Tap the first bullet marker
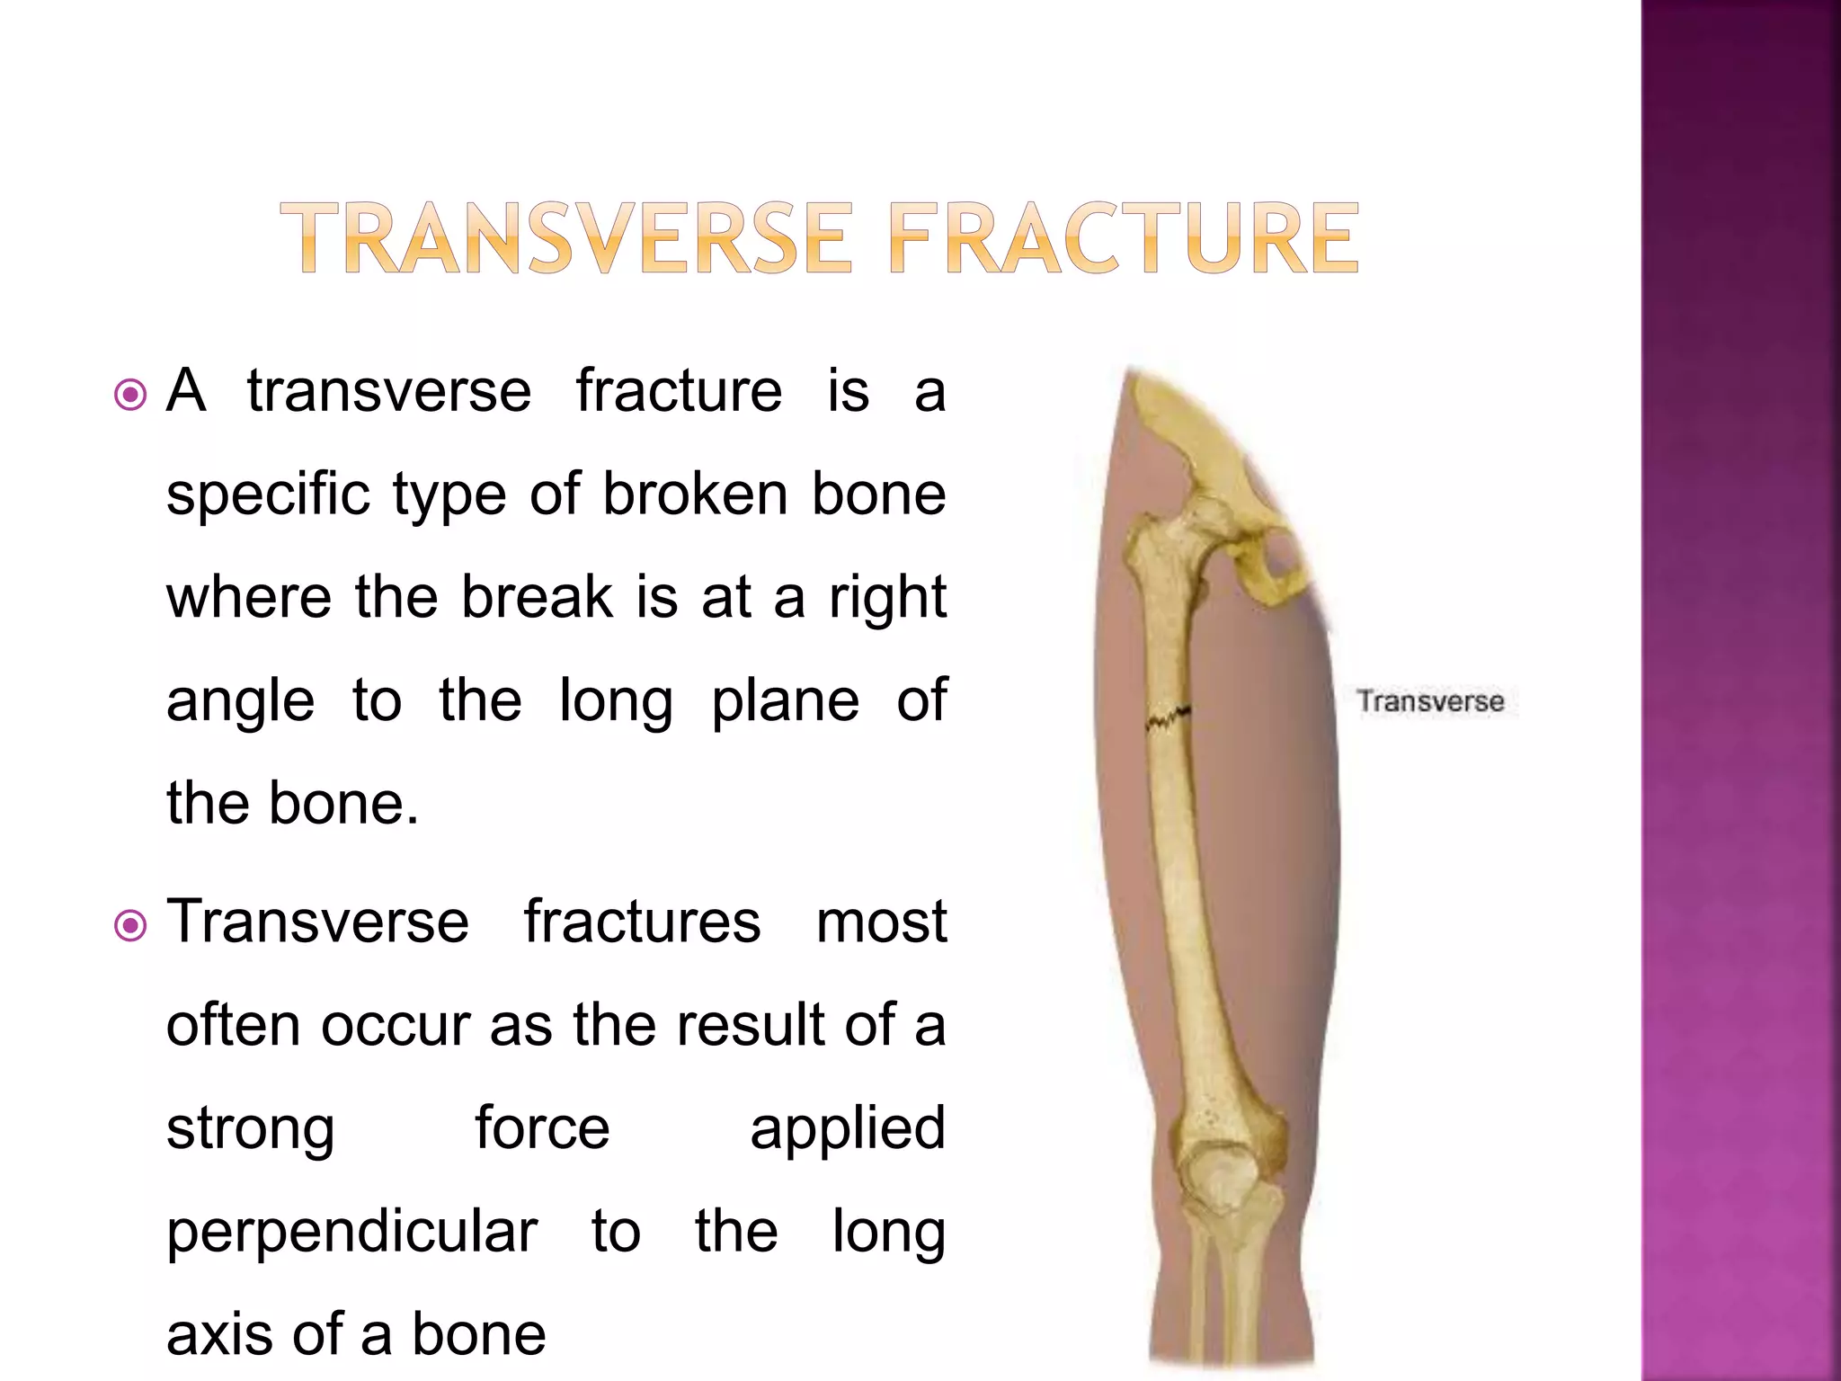point(131,394)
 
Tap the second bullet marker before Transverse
point(131,924)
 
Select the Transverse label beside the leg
point(1430,701)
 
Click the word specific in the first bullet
point(268,494)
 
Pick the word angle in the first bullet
point(240,701)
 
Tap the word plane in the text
point(785,701)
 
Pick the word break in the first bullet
point(538,597)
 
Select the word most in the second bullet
point(881,922)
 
